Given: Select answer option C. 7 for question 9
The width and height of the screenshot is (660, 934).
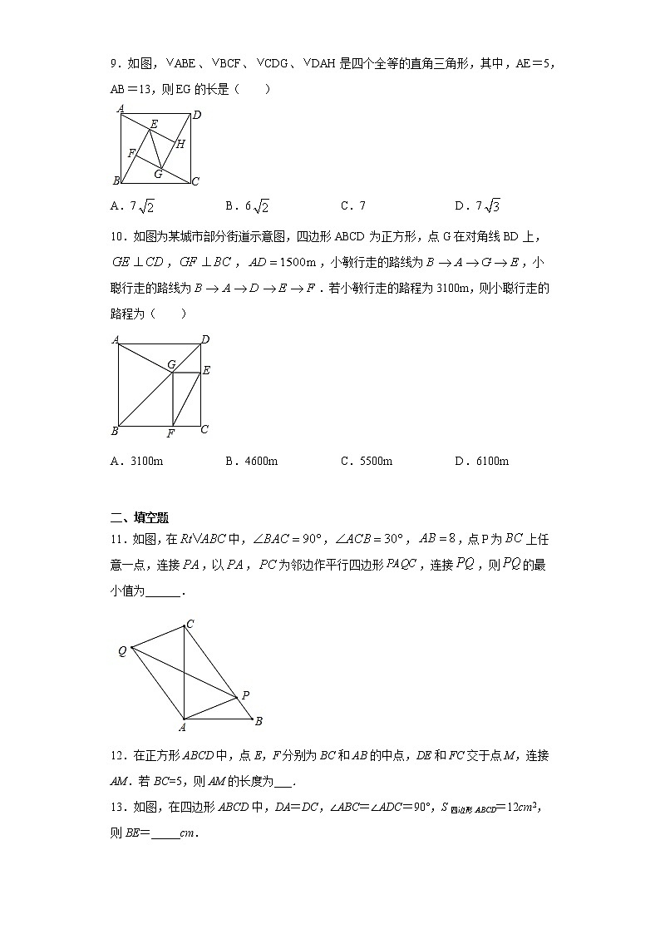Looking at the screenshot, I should pyautogui.click(x=352, y=205).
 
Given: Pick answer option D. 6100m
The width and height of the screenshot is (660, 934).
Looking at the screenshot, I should pyautogui.click(x=481, y=461).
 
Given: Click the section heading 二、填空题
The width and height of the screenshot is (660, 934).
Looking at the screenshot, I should pyautogui.click(x=139, y=517).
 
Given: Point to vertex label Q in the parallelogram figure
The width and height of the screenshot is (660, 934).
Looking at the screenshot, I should pyautogui.click(x=122, y=651).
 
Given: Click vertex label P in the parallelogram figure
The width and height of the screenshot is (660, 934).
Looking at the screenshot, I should pyautogui.click(x=245, y=695).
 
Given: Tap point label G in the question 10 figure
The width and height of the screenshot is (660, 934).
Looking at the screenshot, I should pyautogui.click(x=171, y=364).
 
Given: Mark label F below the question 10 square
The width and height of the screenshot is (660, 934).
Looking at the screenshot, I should pyautogui.click(x=170, y=433).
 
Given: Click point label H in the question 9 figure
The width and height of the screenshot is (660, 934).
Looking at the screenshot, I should pyautogui.click(x=180, y=143).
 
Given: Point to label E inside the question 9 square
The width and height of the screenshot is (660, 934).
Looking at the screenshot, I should pyautogui.click(x=154, y=124).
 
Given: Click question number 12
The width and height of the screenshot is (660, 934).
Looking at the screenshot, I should pyautogui.click(x=116, y=756).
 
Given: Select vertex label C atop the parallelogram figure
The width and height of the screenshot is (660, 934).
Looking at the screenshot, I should pyautogui.click(x=190, y=624).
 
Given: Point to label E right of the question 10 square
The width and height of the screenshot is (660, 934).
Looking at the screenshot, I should pyautogui.click(x=206, y=370).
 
